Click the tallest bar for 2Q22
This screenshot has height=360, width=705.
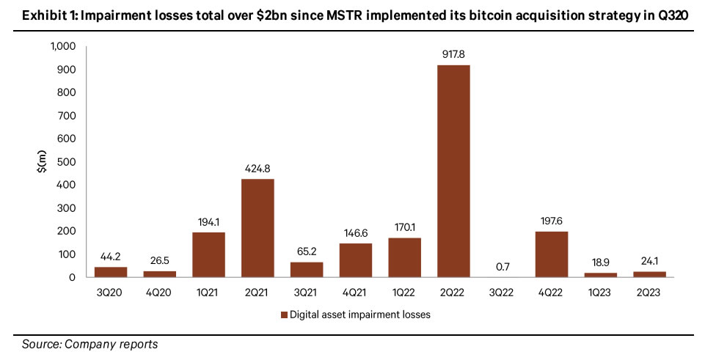pyautogui.click(x=453, y=171)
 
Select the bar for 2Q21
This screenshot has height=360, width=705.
pyautogui.click(x=257, y=228)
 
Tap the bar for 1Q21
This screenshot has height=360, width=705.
pyautogui.click(x=208, y=254)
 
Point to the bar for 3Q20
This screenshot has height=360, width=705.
pyautogui.click(x=111, y=272)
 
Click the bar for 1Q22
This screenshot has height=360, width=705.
pyautogui.click(x=404, y=257)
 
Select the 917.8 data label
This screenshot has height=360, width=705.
pyautogui.click(x=453, y=54)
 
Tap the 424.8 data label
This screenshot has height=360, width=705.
pyautogui.click(x=257, y=168)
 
